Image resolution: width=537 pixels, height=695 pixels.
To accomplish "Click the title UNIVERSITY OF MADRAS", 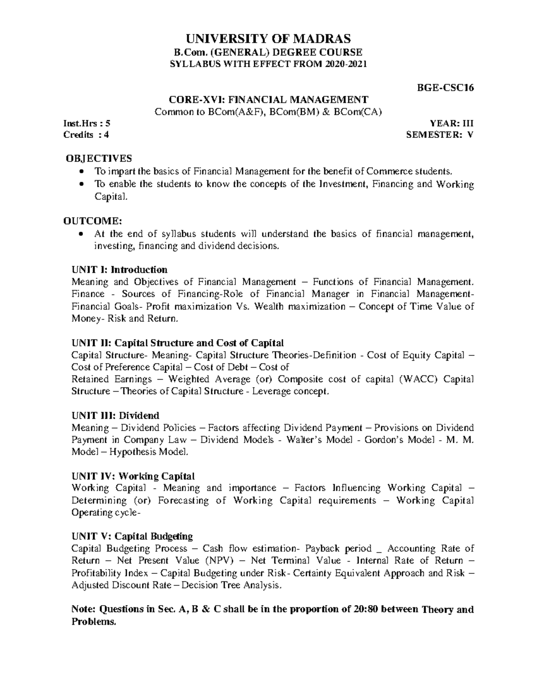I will [268, 38].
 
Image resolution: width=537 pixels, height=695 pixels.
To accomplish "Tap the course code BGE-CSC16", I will [445, 88].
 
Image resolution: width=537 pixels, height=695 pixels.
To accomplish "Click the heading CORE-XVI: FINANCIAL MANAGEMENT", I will [268, 99].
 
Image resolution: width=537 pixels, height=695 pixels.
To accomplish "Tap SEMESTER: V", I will [439, 135].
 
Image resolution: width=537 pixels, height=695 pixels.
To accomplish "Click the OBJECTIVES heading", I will [99, 158].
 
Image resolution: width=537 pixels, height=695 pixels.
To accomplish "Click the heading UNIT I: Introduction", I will [119, 270].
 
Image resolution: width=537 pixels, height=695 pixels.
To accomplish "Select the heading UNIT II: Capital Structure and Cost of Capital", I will [178, 343].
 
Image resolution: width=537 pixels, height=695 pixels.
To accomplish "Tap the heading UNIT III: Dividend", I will [115, 416].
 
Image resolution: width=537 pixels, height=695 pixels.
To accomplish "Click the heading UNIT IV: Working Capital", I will [133, 476].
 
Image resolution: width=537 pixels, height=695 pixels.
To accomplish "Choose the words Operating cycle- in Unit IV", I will [106, 512].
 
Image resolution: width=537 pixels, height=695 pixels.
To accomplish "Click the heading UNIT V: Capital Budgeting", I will [132, 537].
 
